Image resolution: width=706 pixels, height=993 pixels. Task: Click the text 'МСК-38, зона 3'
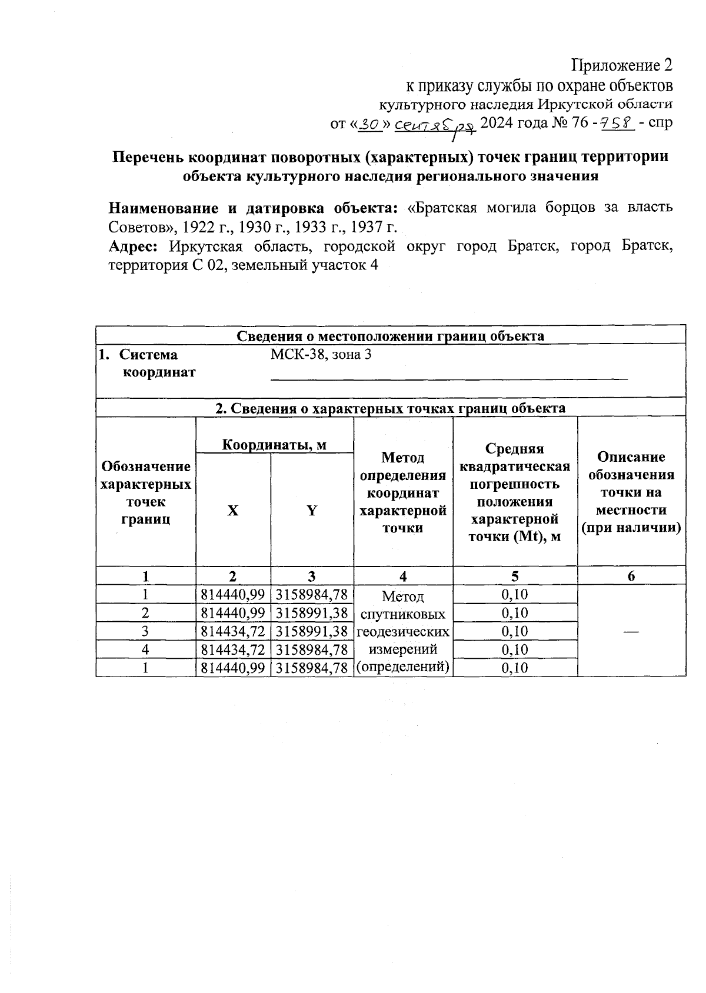pyautogui.click(x=321, y=355)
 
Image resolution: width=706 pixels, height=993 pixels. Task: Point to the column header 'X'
pyautogui.click(x=233, y=511)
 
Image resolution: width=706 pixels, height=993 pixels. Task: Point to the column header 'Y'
pyautogui.click(x=312, y=511)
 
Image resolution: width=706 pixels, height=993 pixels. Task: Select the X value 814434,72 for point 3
pyautogui.click(x=233, y=631)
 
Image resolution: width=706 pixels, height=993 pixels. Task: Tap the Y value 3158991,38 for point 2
pyautogui.click(x=312, y=613)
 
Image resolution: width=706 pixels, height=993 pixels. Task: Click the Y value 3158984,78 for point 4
pyautogui.click(x=312, y=649)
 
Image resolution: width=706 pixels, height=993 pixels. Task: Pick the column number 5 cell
pyautogui.click(x=515, y=576)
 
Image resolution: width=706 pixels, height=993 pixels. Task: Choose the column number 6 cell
pyautogui.click(x=631, y=576)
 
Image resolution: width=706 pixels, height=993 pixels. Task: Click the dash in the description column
pyautogui.click(x=631, y=631)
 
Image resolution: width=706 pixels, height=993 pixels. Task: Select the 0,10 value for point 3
pyautogui.click(x=515, y=631)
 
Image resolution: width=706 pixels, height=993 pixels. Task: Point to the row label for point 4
pyautogui.click(x=145, y=649)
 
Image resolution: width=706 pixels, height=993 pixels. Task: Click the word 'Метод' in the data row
pyautogui.click(x=402, y=597)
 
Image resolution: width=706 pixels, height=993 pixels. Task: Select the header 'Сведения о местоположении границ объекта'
pyautogui.click(x=390, y=336)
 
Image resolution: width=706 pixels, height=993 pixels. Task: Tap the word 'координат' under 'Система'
pyautogui.click(x=159, y=372)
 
